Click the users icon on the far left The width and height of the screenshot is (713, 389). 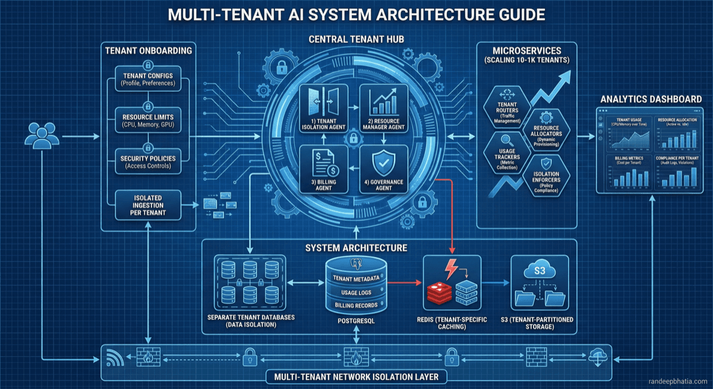coord(41,137)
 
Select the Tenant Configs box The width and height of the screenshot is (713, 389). coord(148,79)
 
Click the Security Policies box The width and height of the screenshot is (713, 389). coord(148,162)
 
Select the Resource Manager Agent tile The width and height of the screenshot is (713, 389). coord(383,111)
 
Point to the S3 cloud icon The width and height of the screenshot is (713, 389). coord(536,272)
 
